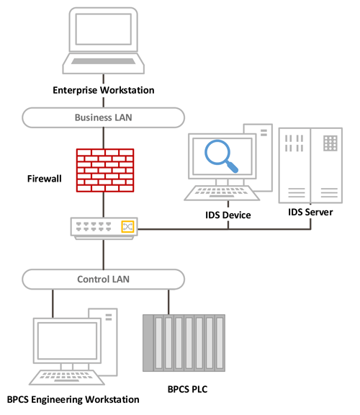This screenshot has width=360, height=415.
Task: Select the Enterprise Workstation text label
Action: (104, 90)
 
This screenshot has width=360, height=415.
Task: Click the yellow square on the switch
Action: (127, 226)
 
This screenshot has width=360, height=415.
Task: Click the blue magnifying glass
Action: (222, 155)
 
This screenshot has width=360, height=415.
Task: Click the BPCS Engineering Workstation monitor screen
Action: (66, 341)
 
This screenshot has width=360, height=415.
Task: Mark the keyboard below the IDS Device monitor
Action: (220, 193)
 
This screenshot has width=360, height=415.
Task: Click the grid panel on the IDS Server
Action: (330, 143)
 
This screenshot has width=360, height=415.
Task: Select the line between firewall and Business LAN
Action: (104, 137)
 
